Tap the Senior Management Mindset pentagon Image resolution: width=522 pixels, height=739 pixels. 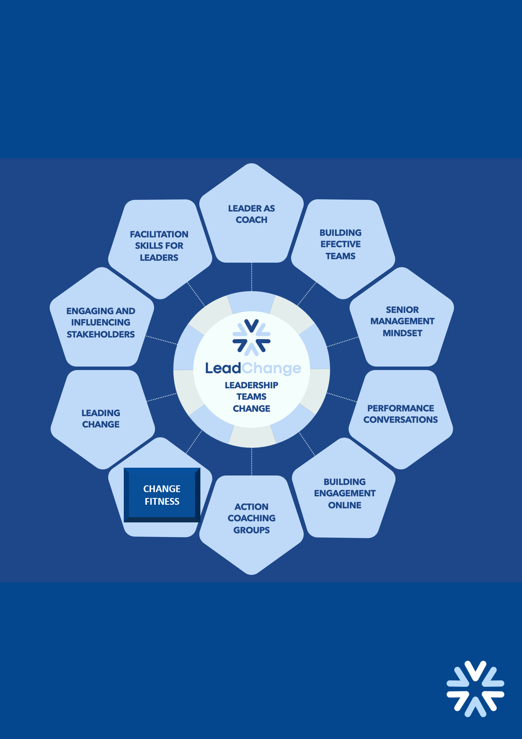point(402,320)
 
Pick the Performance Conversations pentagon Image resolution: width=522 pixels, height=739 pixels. point(401,416)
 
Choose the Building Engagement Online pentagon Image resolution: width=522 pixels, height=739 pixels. point(344,492)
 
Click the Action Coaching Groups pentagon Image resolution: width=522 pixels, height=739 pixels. point(251,519)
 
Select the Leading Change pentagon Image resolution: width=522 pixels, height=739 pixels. point(101,419)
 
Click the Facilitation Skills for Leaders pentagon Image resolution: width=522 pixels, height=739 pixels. point(159,246)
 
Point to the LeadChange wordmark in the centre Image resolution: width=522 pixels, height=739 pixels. point(253,368)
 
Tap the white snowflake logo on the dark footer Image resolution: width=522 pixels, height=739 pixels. point(475,689)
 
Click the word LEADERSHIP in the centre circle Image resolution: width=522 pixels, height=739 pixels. point(251,385)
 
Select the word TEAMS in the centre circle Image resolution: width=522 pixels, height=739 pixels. point(251,397)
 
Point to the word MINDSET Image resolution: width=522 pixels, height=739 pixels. point(402,333)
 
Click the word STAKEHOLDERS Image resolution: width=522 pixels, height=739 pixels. point(101,334)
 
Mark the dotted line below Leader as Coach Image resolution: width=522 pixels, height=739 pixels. point(252,277)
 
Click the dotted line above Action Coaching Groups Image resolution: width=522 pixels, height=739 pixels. point(252,461)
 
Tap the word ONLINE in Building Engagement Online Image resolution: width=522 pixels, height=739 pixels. point(345,505)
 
